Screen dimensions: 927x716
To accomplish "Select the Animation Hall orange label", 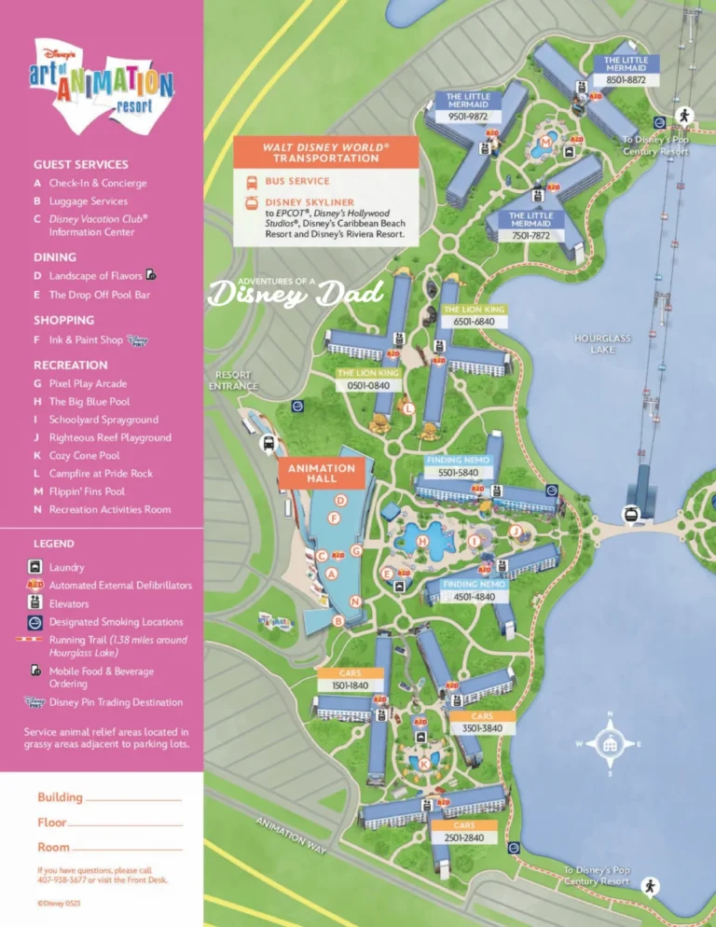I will [x=322, y=473].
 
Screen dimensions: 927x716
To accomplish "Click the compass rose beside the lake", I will [x=610, y=743].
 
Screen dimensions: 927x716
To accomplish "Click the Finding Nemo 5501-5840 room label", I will [x=463, y=467].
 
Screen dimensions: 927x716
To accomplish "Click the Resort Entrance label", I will [x=228, y=380].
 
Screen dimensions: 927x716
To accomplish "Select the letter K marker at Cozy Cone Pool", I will [x=424, y=764].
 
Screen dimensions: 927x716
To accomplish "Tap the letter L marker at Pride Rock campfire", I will [x=408, y=408].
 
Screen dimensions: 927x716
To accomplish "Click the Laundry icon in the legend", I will [x=34, y=567].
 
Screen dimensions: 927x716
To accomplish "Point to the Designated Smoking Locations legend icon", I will [x=34, y=621].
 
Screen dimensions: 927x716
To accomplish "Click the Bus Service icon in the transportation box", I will [x=251, y=181].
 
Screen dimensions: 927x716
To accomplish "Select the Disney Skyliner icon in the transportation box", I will [x=251, y=202].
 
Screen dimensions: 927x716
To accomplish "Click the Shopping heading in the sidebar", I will [x=64, y=320].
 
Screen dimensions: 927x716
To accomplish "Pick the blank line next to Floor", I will [x=125, y=823].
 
